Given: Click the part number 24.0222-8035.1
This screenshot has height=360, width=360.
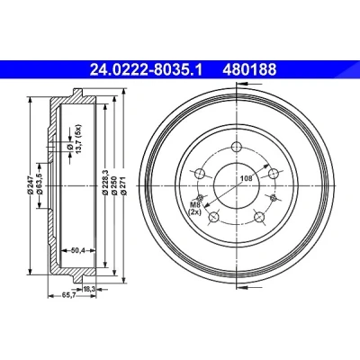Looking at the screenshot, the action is (x=147, y=70).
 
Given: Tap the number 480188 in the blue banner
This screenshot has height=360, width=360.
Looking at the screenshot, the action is (x=249, y=70).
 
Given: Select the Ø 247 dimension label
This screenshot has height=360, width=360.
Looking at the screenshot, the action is (x=30, y=186).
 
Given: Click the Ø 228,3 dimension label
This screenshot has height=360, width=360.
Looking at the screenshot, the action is (x=104, y=183).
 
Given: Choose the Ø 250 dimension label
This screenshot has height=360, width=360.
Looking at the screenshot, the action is (x=114, y=186).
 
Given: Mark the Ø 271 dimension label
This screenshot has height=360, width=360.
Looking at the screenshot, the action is (x=123, y=186).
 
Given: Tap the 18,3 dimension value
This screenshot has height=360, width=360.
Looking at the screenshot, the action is (x=89, y=289).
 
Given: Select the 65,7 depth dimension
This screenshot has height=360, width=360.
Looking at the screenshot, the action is (x=68, y=295).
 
